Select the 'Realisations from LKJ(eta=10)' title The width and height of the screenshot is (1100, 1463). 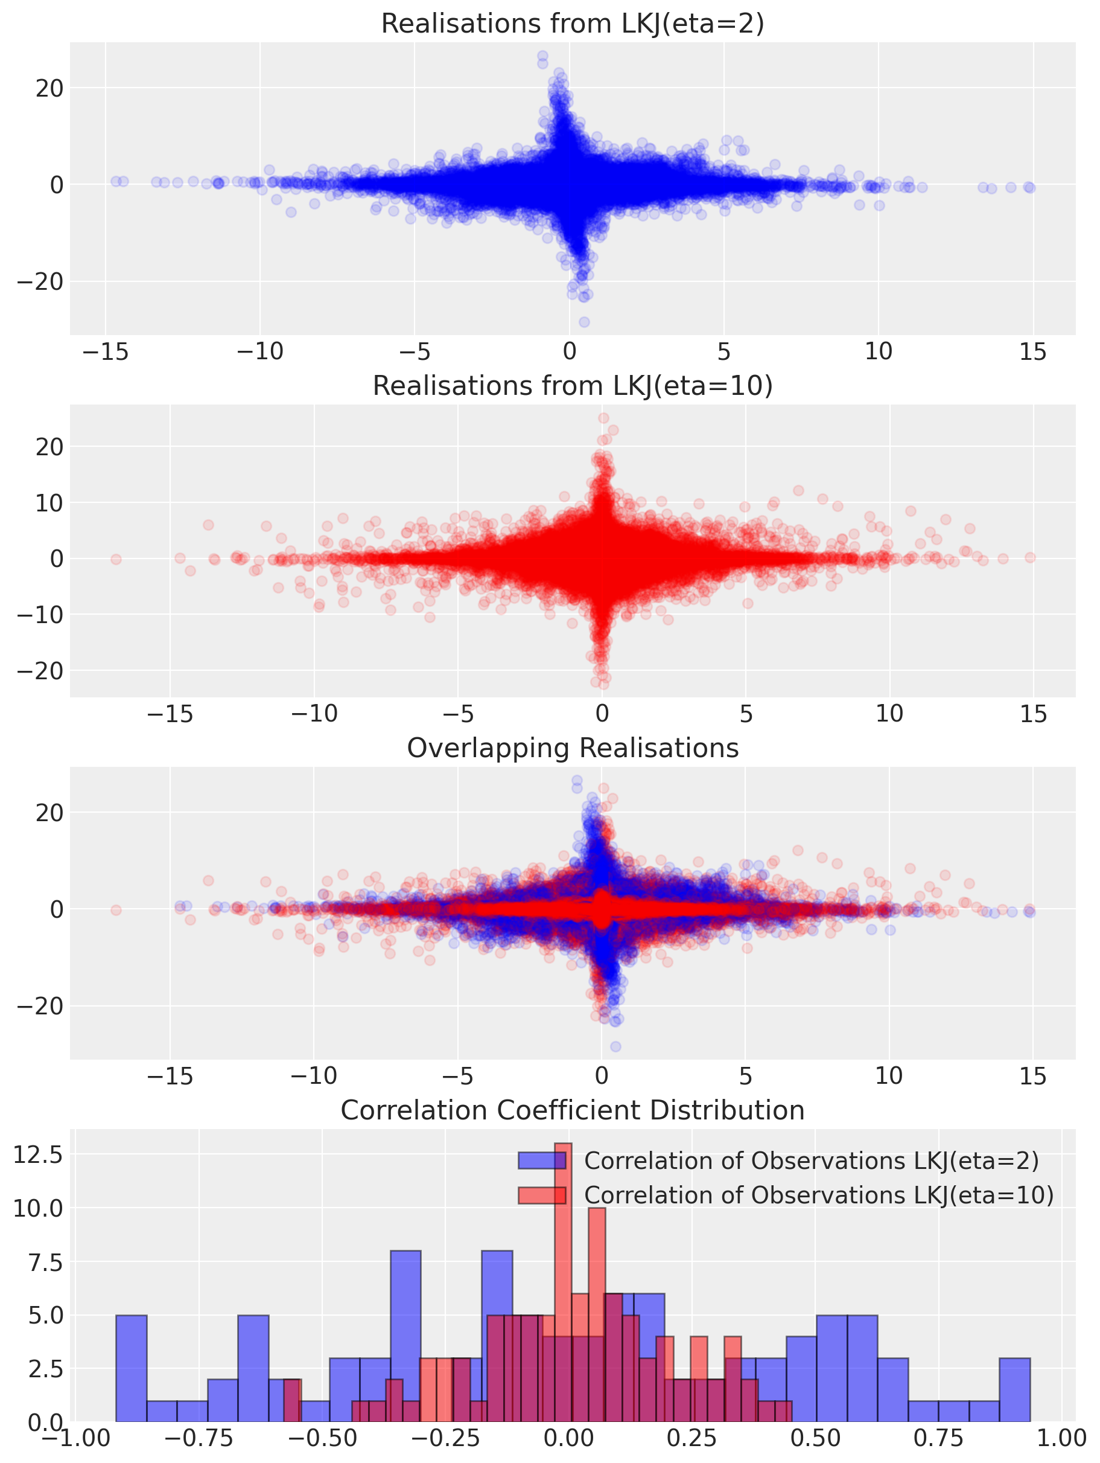573,386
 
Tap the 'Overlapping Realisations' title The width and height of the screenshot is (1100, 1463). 573,748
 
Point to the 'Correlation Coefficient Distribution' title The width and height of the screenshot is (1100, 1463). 573,1110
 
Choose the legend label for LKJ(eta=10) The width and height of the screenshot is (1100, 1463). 818,1195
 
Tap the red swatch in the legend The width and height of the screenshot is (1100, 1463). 541,1195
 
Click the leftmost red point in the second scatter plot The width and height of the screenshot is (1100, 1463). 116,559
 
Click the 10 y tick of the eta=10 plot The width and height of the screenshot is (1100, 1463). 49,502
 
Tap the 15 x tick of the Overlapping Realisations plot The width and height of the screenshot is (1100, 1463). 1032,1077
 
